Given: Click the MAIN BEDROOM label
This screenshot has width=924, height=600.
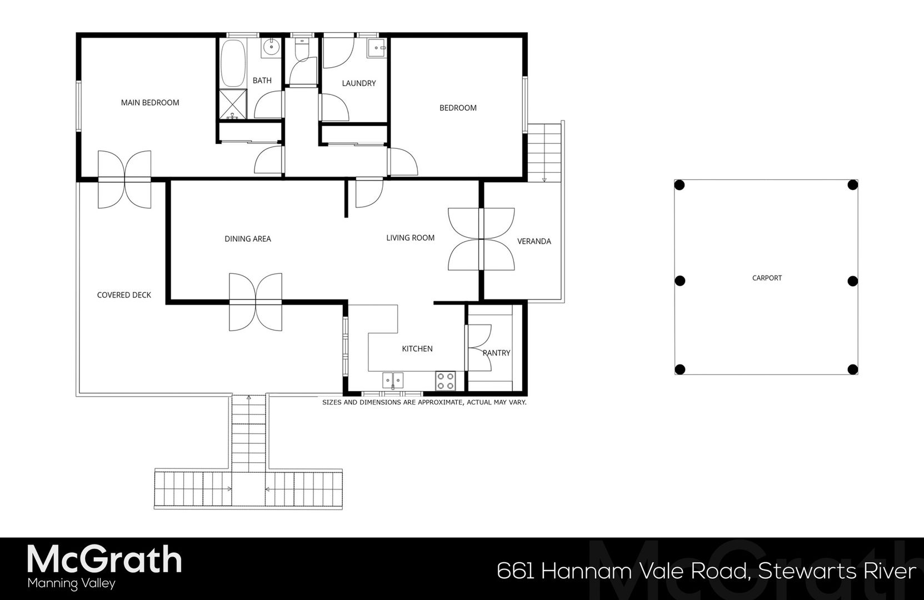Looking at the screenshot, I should [x=150, y=103].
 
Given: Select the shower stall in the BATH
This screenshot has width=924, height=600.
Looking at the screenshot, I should [x=233, y=103].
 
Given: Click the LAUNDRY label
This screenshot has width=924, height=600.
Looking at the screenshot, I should [x=358, y=83].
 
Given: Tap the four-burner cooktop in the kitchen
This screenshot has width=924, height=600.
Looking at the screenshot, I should [x=445, y=381].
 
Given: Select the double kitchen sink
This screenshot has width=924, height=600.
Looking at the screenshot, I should [x=393, y=380].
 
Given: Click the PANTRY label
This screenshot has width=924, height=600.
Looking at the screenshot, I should [x=496, y=353].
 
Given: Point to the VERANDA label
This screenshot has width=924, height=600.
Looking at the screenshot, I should [x=534, y=241].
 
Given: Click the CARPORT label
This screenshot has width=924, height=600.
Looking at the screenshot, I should [x=767, y=278].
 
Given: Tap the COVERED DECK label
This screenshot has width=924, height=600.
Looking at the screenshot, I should [x=124, y=295].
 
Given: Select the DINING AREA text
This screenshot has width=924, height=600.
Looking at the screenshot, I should [x=248, y=239].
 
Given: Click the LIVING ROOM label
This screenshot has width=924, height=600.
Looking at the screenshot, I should [x=410, y=238].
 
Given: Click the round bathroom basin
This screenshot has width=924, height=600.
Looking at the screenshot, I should [x=272, y=47].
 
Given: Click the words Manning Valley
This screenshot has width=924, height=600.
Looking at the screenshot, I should [x=71, y=583].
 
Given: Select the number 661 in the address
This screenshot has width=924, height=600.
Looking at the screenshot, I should [x=515, y=571].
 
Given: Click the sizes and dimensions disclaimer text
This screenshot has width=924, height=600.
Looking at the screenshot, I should [x=424, y=402].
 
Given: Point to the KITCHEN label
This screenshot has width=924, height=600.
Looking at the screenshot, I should [x=417, y=349].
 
